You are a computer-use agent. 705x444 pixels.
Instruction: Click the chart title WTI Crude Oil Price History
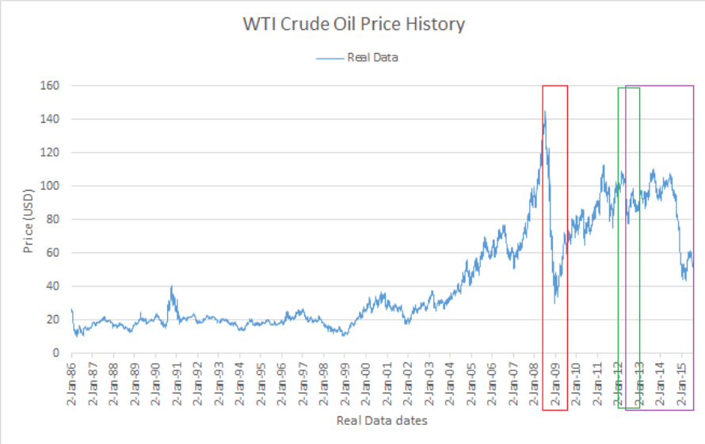coord(353,25)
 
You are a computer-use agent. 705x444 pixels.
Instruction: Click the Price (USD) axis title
coord(29,219)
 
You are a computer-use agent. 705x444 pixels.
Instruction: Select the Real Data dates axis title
coord(382,421)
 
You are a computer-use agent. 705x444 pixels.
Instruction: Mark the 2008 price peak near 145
coord(544,112)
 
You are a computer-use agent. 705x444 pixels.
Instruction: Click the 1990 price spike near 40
coord(171,287)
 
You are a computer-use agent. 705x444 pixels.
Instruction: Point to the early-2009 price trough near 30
coord(555,301)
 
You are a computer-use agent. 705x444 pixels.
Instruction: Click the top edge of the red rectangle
coord(554,85)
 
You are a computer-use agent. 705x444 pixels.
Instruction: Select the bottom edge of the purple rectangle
coord(659,410)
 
